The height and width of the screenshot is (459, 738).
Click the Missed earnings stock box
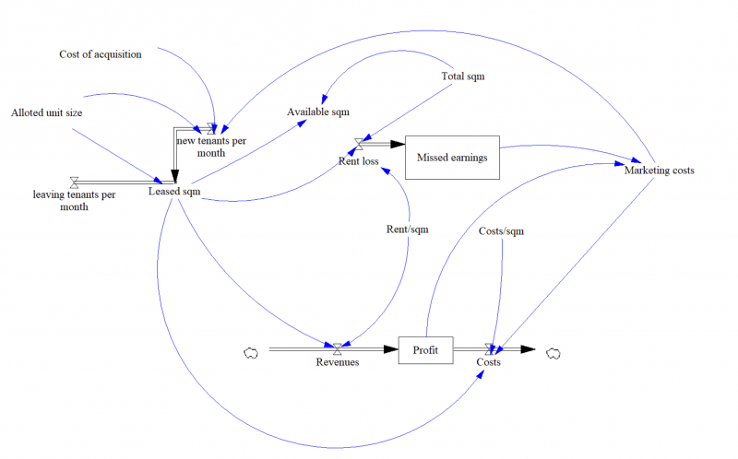point(452,157)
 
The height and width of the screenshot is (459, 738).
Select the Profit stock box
point(425,349)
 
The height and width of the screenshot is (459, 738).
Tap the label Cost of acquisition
point(101,54)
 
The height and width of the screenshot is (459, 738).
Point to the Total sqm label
point(463,76)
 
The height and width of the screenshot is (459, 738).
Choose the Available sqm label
point(318,112)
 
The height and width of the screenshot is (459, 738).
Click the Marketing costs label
point(659,170)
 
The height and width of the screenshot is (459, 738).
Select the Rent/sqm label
point(407,229)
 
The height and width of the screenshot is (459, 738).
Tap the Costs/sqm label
point(501,231)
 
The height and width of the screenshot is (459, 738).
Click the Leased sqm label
point(174,192)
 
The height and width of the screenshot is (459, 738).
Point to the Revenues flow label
point(338,362)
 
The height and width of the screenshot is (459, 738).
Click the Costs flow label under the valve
point(488,362)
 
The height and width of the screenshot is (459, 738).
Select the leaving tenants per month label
point(74,201)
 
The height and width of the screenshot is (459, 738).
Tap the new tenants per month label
point(212,146)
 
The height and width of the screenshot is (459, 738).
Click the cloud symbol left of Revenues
point(249,350)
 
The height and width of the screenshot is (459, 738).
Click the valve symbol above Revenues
point(338,348)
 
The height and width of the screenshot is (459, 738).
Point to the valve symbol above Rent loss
point(359,144)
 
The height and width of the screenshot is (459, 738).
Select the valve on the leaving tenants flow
point(74,182)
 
